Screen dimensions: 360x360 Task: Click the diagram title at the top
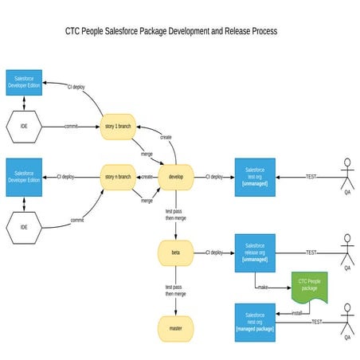coord(170,32)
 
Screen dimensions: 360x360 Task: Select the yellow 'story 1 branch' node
coord(118,126)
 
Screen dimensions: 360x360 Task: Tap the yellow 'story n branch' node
coord(118,176)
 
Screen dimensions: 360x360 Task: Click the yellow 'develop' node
coord(176,176)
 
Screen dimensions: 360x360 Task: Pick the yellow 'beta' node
coord(176,252)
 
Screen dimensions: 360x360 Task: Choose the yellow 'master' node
coord(176,328)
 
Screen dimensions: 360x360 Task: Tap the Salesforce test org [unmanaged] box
coord(255,176)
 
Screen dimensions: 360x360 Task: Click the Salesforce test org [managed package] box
coord(255,321)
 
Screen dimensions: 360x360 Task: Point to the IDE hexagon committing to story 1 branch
coord(24,126)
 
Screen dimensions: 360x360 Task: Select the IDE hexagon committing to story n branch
coord(24,227)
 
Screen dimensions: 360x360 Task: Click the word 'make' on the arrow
coord(263,286)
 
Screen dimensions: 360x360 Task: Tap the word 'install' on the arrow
coord(297,313)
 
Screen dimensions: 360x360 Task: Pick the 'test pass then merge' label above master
coord(176,290)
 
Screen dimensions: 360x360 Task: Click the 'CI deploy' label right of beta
coord(213,252)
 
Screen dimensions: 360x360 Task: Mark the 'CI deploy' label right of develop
coord(213,176)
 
